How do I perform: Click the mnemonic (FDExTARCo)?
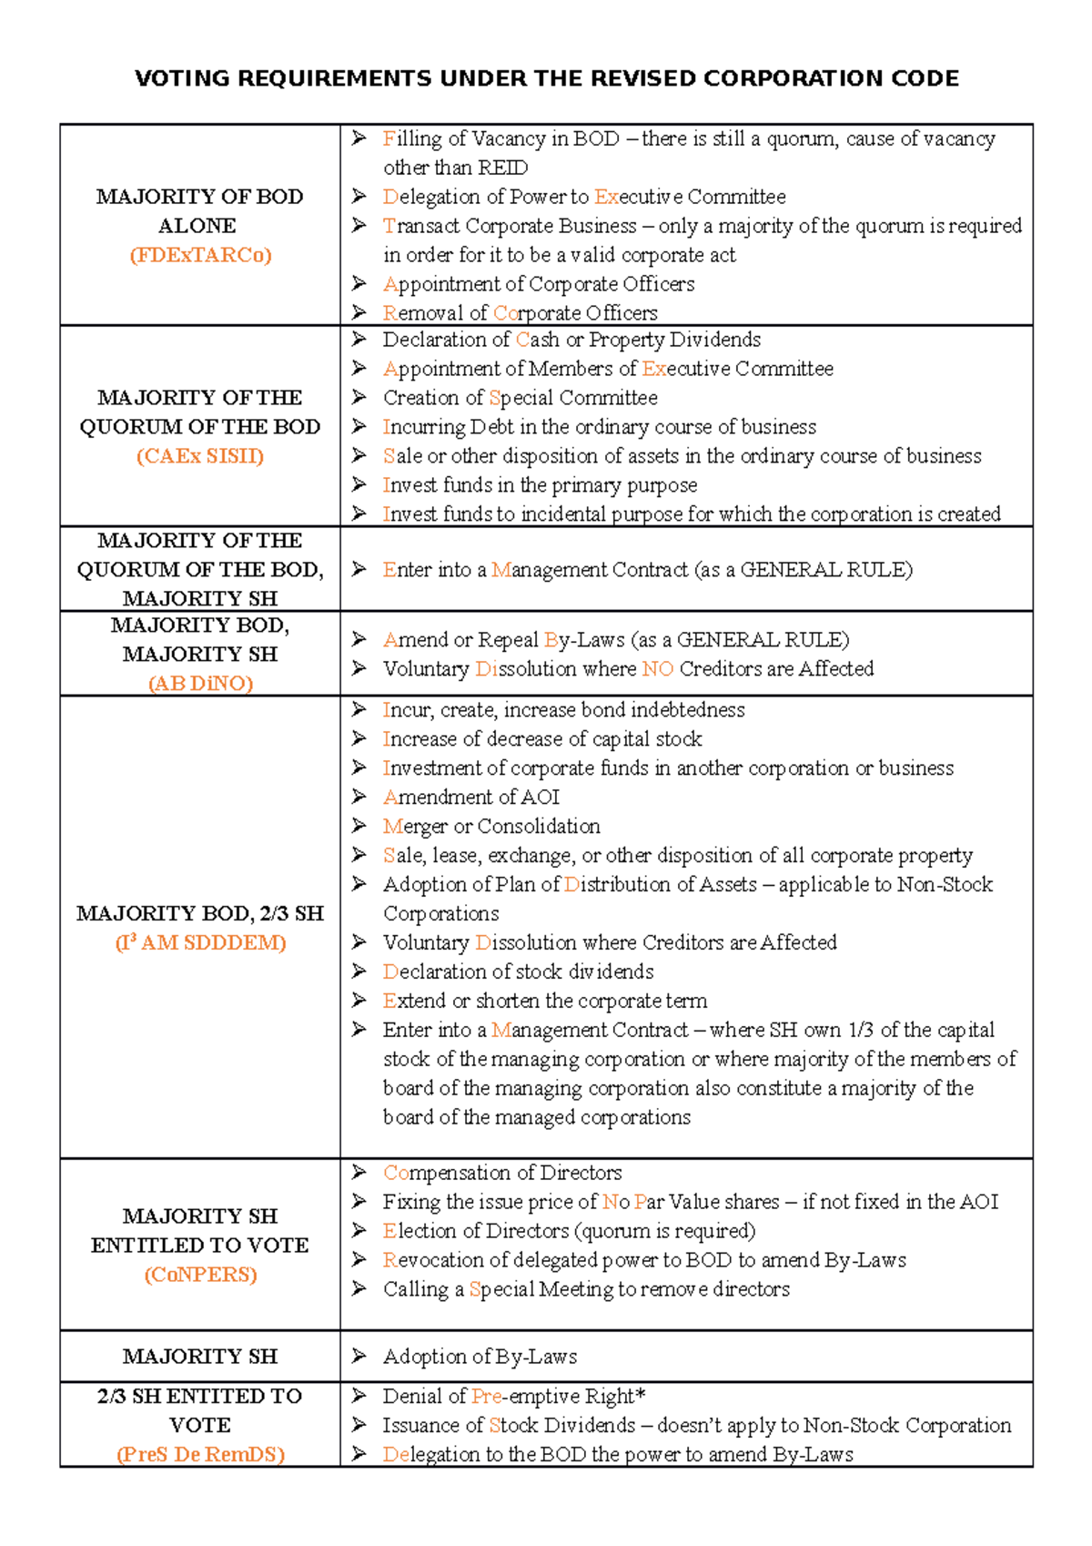point(200,255)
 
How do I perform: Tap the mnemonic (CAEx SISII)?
point(200,456)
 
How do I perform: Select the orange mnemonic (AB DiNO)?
point(200,684)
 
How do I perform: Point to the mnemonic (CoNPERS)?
point(200,1275)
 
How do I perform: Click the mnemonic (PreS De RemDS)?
point(200,1454)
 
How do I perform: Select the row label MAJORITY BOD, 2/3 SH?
point(200,913)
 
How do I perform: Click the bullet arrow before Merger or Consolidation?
point(359,826)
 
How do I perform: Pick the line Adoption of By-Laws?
point(480,1357)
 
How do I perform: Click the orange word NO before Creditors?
point(657,669)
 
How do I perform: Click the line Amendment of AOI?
point(470,798)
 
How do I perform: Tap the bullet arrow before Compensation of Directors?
point(359,1172)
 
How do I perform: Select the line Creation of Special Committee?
point(520,398)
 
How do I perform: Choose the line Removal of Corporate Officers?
point(520,313)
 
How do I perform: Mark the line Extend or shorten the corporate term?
point(544,1001)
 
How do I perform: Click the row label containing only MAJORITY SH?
point(200,1357)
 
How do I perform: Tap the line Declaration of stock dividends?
point(518,971)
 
